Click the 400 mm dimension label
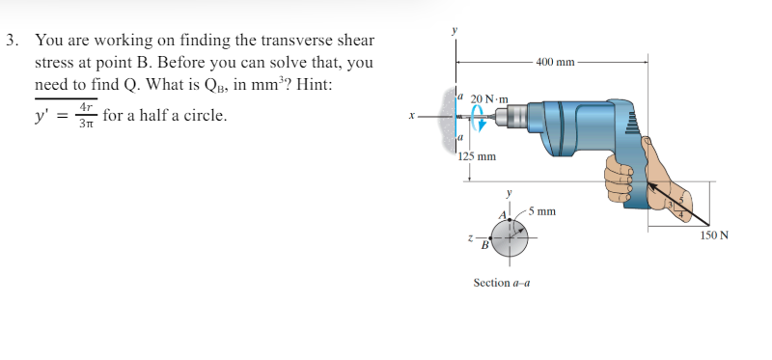point(555,63)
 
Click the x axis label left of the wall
point(413,117)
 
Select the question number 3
point(11,41)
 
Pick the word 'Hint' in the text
point(314,84)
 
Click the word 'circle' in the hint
point(206,116)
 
